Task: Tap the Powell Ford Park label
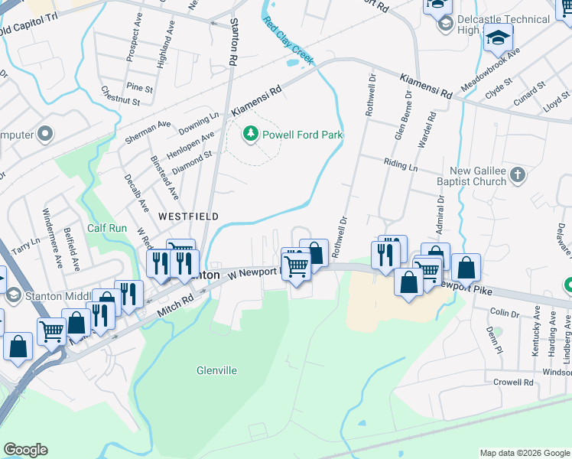coord(303,135)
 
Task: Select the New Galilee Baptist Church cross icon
coord(518,175)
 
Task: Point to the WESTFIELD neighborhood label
coord(188,216)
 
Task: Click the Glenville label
coord(216,370)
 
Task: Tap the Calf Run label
coord(106,228)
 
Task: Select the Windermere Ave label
coord(52,237)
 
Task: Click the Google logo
coord(25,450)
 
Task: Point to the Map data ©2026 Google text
coord(524,453)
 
